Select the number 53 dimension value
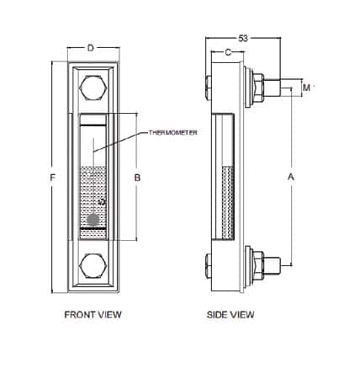tap(243, 39)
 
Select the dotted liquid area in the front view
tap(92, 189)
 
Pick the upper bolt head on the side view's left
tap(207, 87)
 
